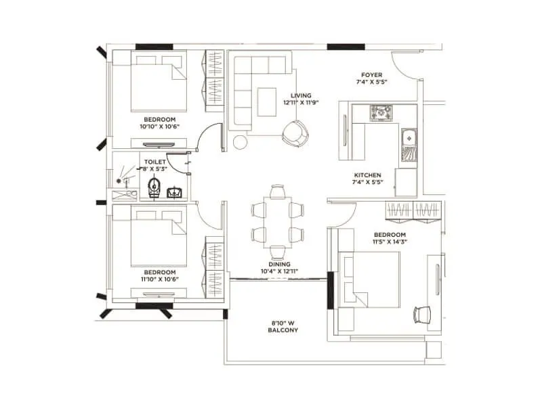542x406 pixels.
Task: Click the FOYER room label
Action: pyautogui.click(x=371, y=75)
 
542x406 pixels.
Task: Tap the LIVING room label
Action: pyautogui.click(x=301, y=95)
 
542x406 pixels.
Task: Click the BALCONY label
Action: pyautogui.click(x=283, y=330)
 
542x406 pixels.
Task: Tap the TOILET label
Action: pyautogui.click(x=154, y=162)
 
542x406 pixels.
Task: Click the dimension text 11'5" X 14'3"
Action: pyautogui.click(x=390, y=242)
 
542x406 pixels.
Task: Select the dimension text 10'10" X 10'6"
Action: pyautogui.click(x=158, y=127)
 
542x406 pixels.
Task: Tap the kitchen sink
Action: pyautogui.click(x=409, y=140)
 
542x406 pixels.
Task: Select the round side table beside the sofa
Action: pyautogui.click(x=240, y=142)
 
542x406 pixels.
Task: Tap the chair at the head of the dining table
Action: pyautogui.click(x=277, y=191)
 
